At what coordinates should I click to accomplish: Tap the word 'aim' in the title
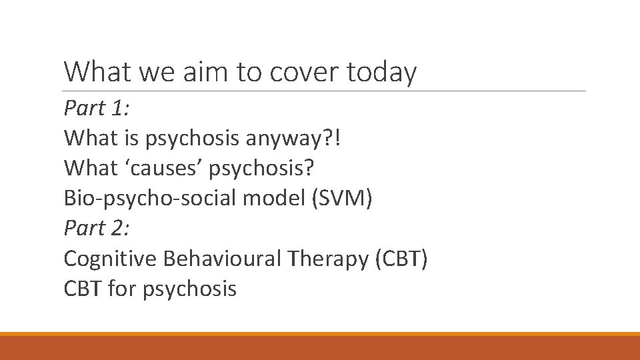pyautogui.click(x=200, y=72)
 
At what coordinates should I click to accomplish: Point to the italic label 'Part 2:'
pyautogui.click(x=97, y=228)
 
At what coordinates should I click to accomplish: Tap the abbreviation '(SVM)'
pyautogui.click(x=343, y=198)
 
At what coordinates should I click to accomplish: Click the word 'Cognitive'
pyautogui.click(x=109, y=259)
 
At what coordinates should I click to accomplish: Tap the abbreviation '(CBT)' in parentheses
pyautogui.click(x=401, y=259)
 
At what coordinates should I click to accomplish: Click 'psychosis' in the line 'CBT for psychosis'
pyautogui.click(x=189, y=289)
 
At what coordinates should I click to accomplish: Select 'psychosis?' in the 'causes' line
pyautogui.click(x=261, y=169)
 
